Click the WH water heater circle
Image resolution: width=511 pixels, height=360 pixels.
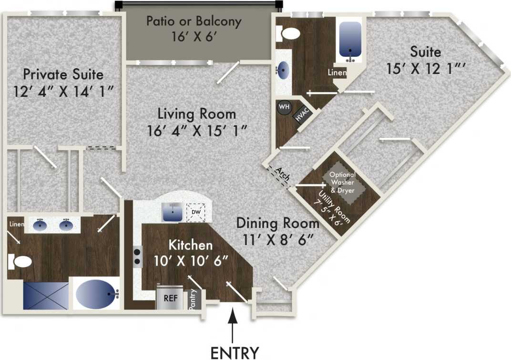click(284, 107)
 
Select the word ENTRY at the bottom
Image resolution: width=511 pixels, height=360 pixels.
click(235, 352)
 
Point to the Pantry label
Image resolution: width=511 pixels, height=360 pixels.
click(193, 300)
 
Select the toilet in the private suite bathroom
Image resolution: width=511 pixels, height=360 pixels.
click(20, 261)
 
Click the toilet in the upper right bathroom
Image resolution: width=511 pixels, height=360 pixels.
click(290, 33)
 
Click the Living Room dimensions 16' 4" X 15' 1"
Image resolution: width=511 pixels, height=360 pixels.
click(196, 130)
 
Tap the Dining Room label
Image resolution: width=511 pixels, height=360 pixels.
click(277, 223)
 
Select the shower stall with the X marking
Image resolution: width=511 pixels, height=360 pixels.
click(46, 296)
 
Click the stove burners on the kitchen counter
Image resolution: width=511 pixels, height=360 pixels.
click(137, 256)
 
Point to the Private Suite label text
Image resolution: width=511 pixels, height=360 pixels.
click(63, 75)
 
